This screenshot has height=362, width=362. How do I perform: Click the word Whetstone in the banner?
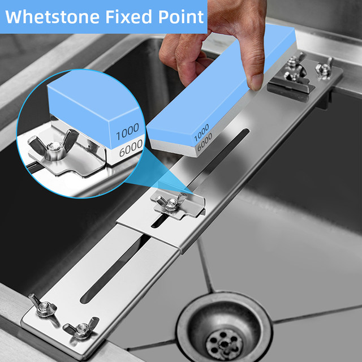point(53,16)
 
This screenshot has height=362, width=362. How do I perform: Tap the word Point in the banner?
point(181,16)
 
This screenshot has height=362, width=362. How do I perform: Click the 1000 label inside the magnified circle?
point(127,132)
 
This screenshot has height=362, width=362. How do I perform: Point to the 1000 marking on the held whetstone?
point(201,132)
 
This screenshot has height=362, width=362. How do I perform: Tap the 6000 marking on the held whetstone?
point(205,141)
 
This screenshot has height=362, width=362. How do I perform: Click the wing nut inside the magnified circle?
point(54,145)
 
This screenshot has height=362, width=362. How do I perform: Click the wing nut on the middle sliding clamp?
point(171,202)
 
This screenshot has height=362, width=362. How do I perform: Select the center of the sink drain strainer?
point(224,341)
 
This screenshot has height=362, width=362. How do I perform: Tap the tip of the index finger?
point(256,83)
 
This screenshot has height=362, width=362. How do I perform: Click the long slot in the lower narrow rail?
point(115,269)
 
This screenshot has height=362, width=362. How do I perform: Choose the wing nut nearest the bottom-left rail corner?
point(43,306)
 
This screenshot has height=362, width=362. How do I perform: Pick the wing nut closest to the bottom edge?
point(81,328)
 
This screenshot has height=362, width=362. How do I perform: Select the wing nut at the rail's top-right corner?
point(324,68)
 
